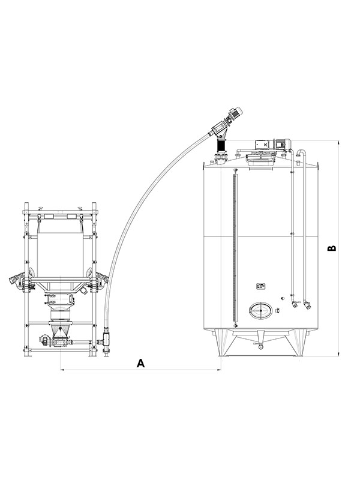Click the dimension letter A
[140, 363]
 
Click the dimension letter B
[332, 248]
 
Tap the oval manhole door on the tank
[260, 310]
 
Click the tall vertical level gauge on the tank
[235, 248]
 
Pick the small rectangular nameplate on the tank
[260, 286]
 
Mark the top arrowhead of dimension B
[338, 142]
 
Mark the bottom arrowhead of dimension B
[338, 354]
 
